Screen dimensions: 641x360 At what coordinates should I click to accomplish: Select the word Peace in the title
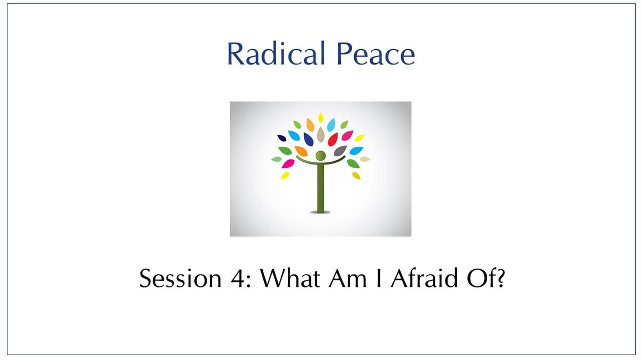376,53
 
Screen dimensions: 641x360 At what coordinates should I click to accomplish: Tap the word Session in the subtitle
181,278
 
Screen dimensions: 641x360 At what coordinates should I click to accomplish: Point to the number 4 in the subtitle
238,278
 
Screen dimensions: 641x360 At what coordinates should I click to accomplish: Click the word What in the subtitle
290,278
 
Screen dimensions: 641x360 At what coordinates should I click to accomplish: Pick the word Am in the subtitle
348,278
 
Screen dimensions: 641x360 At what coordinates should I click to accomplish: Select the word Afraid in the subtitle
424,278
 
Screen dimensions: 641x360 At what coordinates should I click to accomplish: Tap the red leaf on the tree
333,139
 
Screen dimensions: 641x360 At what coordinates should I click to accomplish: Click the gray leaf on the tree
340,151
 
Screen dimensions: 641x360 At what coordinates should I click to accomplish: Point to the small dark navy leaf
282,138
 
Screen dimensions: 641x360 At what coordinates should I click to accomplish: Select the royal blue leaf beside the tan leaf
309,139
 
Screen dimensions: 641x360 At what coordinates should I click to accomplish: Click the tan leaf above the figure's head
320,135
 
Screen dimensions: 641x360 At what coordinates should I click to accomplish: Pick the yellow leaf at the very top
321,118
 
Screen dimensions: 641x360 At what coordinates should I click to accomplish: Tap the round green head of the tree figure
320,156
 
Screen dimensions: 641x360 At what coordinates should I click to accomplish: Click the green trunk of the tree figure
320,187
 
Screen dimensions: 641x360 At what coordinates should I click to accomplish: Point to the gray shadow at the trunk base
320,213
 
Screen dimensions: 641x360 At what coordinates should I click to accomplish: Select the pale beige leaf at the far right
365,159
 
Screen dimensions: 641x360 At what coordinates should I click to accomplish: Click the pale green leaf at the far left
277,159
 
